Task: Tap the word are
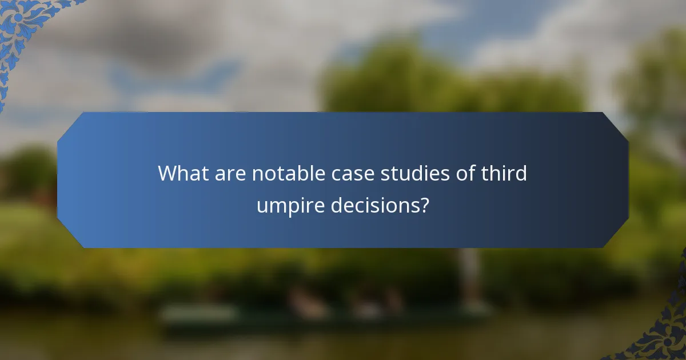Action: click(x=230, y=173)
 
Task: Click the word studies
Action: click(x=406, y=173)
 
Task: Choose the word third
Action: click(x=502, y=173)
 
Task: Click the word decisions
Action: click(x=375, y=205)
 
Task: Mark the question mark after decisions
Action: click(x=424, y=205)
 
